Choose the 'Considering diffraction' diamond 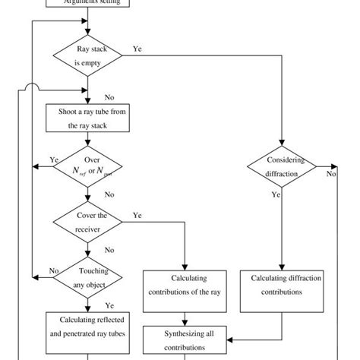tap(282, 166)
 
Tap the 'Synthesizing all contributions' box tap(185, 339)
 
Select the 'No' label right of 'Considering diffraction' tap(331, 174)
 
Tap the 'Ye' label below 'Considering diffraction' tap(277, 194)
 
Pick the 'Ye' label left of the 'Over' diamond tap(54, 159)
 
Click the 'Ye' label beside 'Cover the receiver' tap(137, 215)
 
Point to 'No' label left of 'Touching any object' tap(54, 270)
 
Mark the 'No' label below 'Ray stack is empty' tap(109, 96)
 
